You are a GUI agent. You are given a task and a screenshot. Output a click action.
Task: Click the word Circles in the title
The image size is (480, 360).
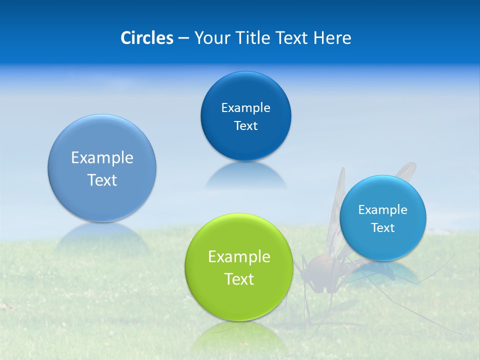[146, 38]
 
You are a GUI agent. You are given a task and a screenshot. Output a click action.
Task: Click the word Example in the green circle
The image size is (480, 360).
[238, 257]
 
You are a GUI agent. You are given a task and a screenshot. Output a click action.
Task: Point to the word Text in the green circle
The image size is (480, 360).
[238, 279]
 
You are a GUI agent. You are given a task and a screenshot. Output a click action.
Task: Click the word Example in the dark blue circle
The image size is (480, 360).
[245, 108]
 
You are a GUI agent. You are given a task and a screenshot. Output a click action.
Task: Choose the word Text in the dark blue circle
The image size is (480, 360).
[245, 126]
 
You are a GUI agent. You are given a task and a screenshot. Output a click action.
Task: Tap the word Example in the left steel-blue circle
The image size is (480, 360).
[102, 158]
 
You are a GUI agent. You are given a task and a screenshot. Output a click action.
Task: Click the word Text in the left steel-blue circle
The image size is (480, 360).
[102, 180]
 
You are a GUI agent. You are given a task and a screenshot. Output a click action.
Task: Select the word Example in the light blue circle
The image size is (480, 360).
[382, 210]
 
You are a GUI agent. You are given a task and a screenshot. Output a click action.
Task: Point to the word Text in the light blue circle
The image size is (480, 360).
[382, 228]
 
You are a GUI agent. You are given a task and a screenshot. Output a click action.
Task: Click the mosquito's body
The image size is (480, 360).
[320, 267]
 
